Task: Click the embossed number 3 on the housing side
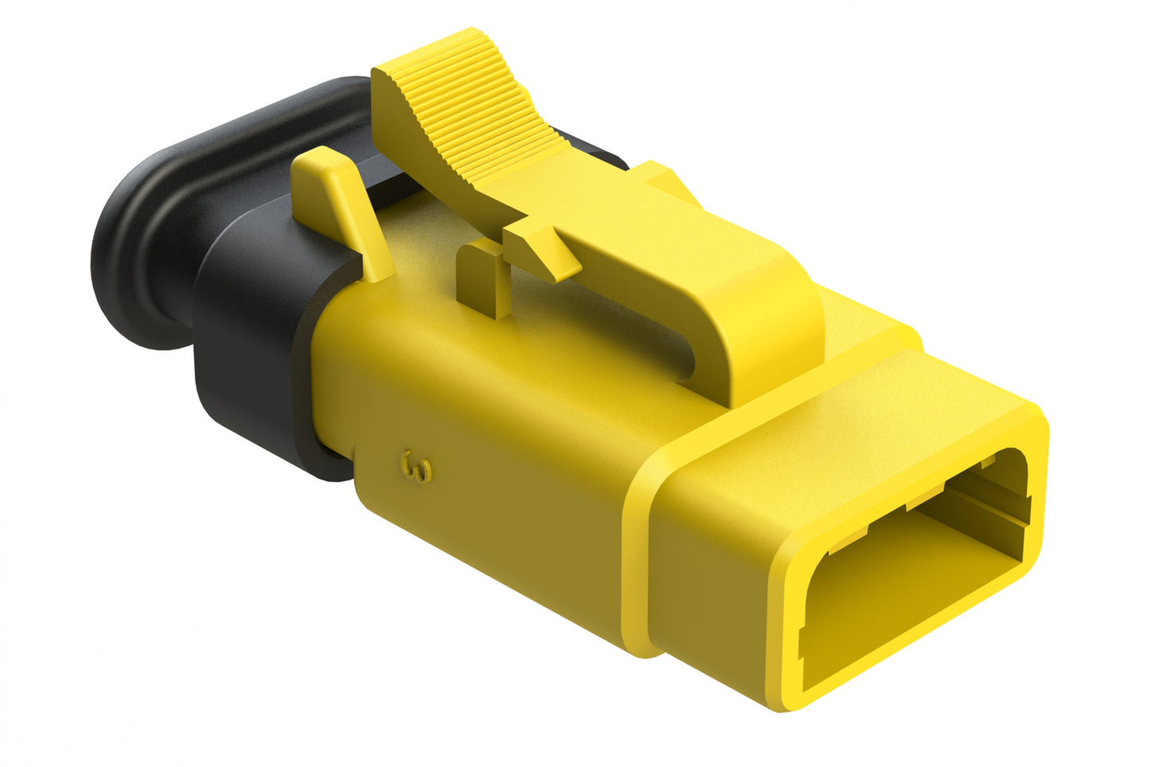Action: click(x=417, y=467)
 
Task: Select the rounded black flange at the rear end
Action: click(x=135, y=239)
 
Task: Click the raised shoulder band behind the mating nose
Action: click(x=637, y=558)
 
